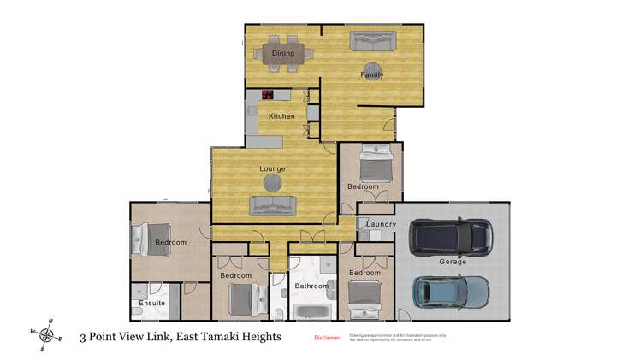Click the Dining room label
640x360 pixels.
coord(283,53)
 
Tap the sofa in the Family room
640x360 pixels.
coord(373,41)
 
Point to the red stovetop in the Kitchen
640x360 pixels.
coord(268,96)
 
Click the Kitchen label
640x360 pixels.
coord(281,116)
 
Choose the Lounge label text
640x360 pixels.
coord(272,168)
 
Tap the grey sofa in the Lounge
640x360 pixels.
coord(272,205)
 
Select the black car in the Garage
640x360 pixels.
coord(451,237)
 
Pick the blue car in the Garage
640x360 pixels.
coord(451,292)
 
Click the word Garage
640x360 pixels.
coord(453,262)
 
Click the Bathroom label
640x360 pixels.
coord(311,286)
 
